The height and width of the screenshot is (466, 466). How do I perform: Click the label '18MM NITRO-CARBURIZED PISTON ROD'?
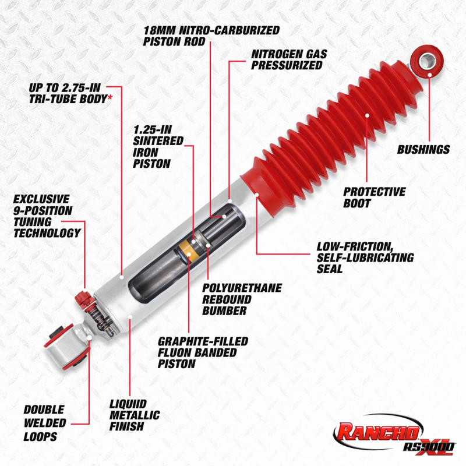(x=211, y=35)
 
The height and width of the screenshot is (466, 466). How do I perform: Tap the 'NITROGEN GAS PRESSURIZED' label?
(x=290, y=59)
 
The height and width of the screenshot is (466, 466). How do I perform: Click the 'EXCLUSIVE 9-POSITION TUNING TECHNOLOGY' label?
(x=47, y=216)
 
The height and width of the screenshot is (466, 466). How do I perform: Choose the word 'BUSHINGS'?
(x=423, y=150)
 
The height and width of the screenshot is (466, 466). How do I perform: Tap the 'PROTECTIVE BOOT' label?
(x=374, y=197)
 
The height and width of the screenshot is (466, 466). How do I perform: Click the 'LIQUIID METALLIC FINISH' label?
(x=135, y=414)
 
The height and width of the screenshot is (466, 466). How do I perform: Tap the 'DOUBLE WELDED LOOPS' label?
(x=45, y=422)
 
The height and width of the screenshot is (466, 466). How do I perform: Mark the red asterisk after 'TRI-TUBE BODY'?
(x=110, y=99)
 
